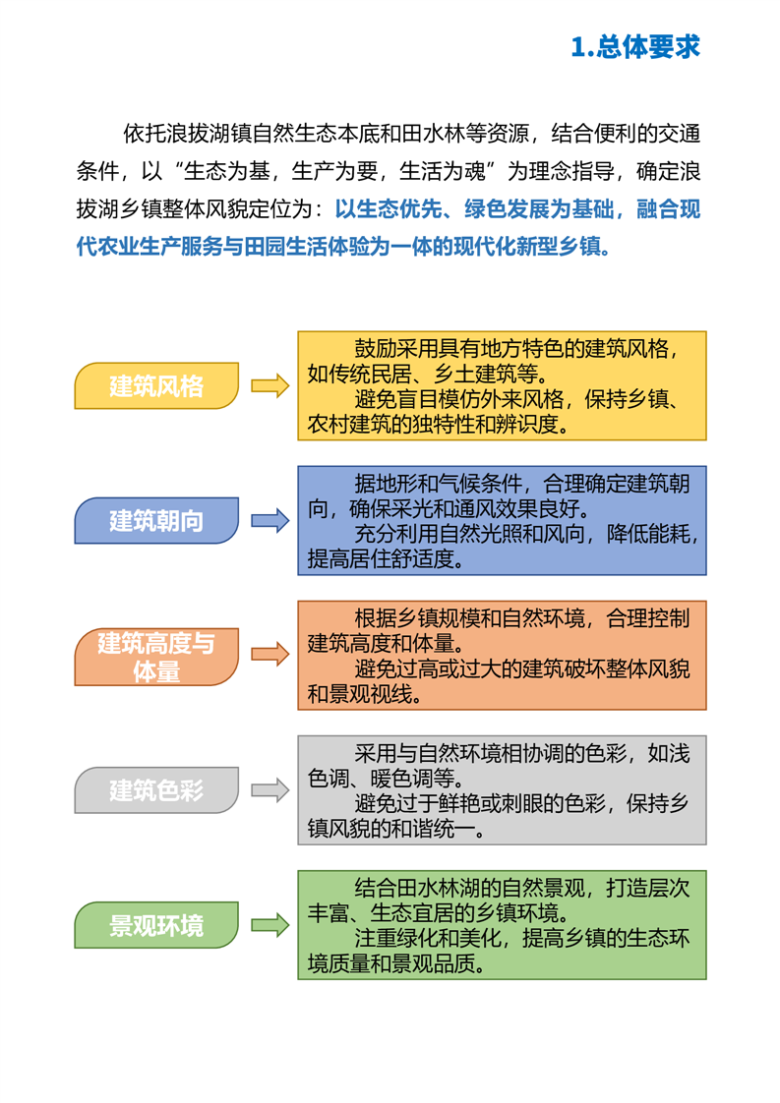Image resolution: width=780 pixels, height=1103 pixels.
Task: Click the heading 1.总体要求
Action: pos(634,47)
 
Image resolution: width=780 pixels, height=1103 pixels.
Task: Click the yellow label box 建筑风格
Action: pos(156,385)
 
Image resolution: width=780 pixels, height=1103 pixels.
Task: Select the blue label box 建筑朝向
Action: pos(156,520)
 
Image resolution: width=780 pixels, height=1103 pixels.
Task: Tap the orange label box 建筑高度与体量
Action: pos(156,657)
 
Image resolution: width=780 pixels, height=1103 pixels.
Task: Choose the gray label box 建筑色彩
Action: pos(156,789)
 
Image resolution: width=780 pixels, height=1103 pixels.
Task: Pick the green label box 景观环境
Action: pos(156,924)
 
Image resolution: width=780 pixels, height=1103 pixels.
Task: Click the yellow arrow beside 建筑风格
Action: pos(270,385)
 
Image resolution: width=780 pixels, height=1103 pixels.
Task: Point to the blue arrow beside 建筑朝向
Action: pos(270,520)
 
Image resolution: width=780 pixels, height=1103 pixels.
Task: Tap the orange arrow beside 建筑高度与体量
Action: pos(270,655)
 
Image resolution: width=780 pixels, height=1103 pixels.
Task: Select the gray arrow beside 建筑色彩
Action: pos(270,789)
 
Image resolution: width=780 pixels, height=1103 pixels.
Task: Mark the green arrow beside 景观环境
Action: pos(270,924)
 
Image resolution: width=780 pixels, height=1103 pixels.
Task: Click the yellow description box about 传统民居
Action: pos(502,386)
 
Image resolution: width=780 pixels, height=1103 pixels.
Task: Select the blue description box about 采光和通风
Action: pos(502,521)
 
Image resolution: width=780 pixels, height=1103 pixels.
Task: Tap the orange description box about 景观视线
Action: pos(502,656)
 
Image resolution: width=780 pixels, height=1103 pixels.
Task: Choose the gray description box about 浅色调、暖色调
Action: pos(502,789)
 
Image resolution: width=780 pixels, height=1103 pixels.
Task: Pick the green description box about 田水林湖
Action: pos(502,924)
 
